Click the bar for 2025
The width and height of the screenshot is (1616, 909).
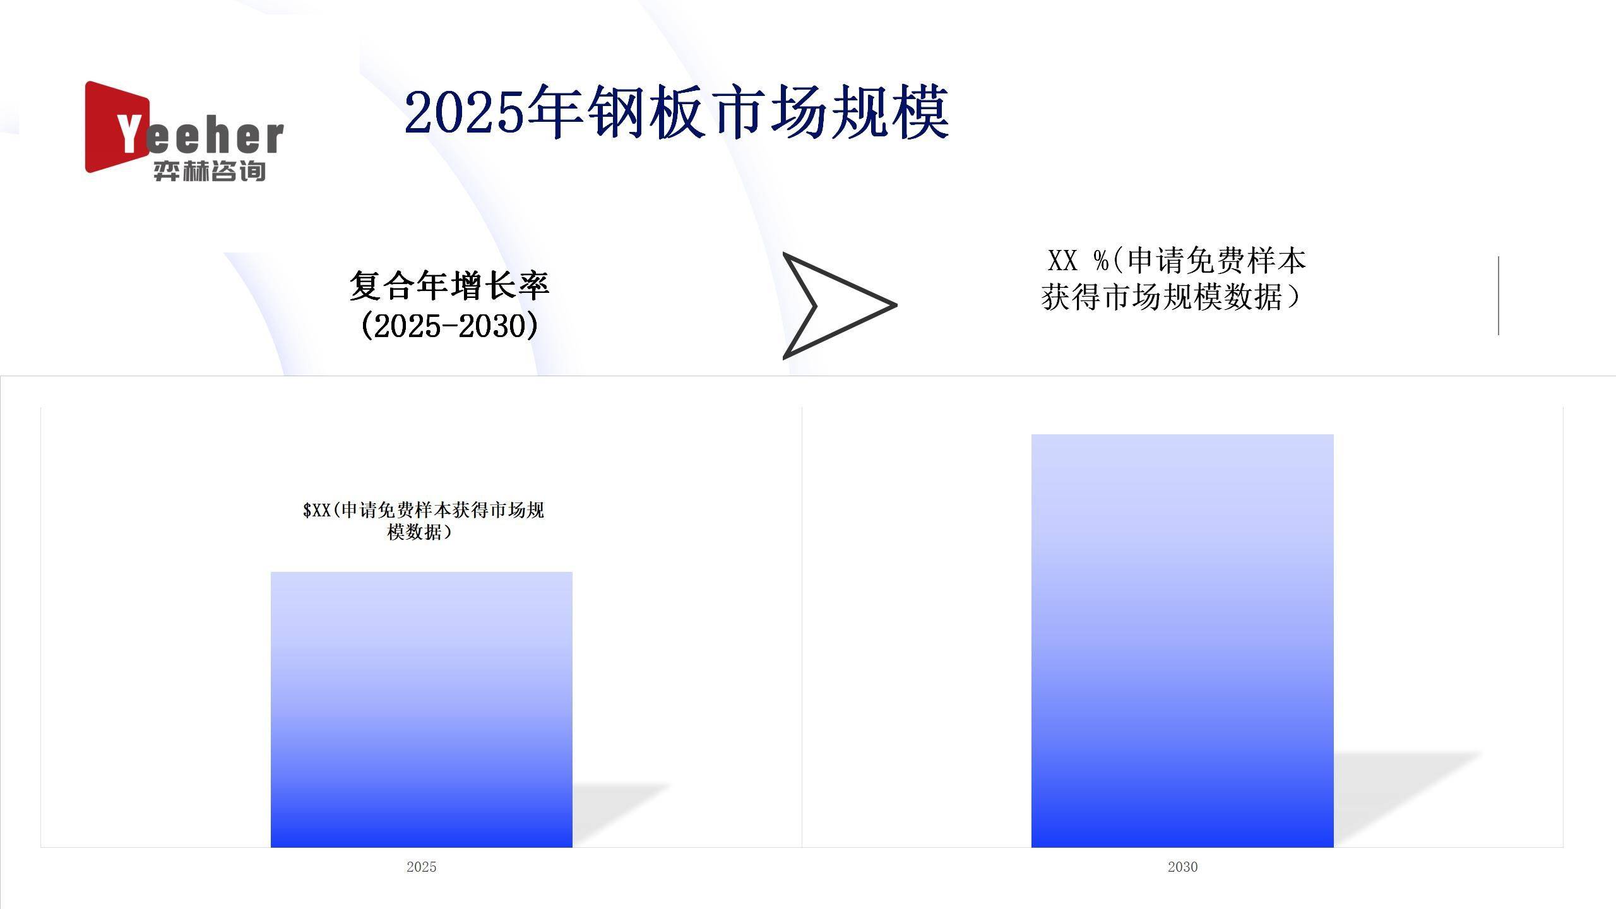click(x=422, y=710)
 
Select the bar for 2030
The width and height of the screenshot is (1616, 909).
click(x=1182, y=641)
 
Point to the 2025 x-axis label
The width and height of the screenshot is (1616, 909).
click(x=422, y=867)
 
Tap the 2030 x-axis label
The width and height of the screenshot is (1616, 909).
click(x=1182, y=867)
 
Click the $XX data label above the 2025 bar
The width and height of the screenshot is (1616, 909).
click(x=423, y=521)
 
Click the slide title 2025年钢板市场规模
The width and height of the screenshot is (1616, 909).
click(x=676, y=113)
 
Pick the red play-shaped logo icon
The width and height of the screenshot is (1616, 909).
click(x=117, y=126)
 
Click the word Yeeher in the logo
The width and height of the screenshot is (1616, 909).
click(x=200, y=135)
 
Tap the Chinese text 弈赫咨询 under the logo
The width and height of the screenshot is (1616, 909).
click(x=209, y=171)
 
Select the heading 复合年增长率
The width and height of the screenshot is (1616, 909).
click(x=449, y=285)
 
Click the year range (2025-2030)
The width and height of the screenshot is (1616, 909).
click(x=449, y=326)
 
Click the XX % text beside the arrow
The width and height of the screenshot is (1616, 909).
click(x=1077, y=261)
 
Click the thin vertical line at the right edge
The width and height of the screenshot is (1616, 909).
click(x=1499, y=295)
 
